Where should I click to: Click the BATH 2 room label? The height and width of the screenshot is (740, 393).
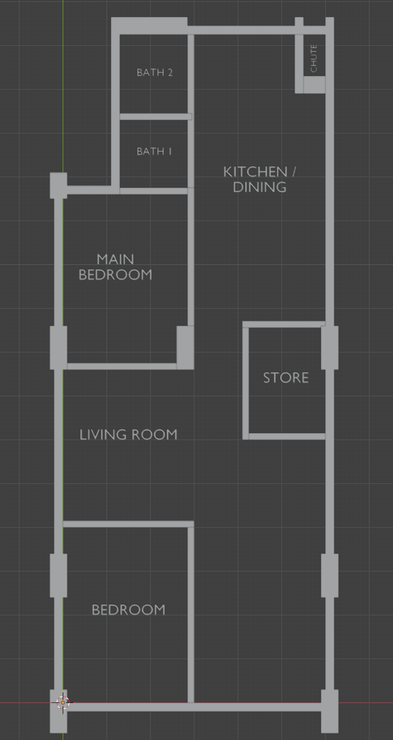(x=155, y=73)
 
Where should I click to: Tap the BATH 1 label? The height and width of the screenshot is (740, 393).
(x=154, y=151)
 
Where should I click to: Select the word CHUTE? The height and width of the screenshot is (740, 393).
(x=314, y=58)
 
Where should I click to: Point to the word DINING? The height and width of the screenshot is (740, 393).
(x=259, y=188)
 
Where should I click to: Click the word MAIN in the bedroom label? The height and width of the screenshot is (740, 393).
(x=115, y=259)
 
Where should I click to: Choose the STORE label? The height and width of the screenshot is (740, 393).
(x=286, y=378)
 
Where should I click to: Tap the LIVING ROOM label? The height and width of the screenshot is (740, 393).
(x=128, y=435)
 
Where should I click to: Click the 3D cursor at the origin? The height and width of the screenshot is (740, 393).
(x=63, y=703)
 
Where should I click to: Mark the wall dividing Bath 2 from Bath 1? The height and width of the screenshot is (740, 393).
(x=156, y=117)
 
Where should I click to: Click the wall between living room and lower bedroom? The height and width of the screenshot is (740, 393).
(x=128, y=524)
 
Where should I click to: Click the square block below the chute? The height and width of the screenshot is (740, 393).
(x=314, y=85)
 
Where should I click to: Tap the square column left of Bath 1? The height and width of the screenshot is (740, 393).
(x=58, y=186)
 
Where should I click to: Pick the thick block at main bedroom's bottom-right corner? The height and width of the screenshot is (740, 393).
(x=185, y=347)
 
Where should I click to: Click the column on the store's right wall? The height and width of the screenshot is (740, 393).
(x=330, y=348)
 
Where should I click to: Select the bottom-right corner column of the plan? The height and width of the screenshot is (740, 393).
(x=330, y=711)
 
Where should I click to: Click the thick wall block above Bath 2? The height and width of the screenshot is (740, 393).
(x=149, y=26)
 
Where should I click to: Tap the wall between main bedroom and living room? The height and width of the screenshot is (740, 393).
(x=122, y=366)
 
